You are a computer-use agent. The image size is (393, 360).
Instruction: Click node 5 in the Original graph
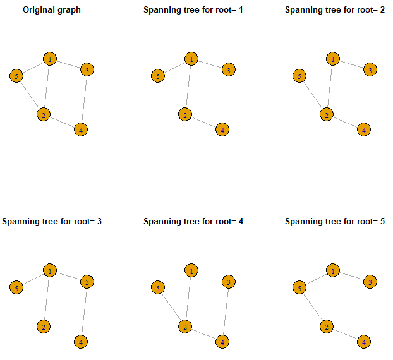[16, 76]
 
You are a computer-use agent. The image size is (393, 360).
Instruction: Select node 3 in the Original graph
[87, 69]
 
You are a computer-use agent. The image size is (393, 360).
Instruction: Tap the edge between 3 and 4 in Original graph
[84, 100]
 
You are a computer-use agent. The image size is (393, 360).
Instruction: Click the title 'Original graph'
[52, 9]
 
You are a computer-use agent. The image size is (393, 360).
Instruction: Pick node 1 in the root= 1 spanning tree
[191, 59]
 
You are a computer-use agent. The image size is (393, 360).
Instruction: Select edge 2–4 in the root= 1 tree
[203, 123]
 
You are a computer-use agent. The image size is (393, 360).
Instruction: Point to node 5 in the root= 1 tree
[158, 76]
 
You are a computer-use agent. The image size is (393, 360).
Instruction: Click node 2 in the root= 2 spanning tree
[327, 114]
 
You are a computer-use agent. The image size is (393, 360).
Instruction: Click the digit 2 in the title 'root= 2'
[382, 9]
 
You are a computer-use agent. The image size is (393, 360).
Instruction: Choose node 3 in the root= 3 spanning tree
[87, 282]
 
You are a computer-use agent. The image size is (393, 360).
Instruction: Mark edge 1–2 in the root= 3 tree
[47, 299]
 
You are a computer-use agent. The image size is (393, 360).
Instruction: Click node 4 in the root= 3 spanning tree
[81, 342]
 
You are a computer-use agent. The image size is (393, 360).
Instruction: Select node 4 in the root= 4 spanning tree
[222, 342]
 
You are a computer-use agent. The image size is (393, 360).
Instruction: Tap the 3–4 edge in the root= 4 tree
[226, 311]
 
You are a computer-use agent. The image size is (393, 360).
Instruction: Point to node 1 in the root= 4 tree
[191, 270]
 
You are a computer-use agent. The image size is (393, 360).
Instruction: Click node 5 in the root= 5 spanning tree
[299, 287]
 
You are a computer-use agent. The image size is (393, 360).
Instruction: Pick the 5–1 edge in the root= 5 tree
[316, 279]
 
